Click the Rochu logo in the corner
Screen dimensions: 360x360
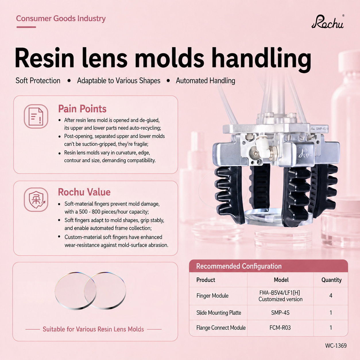tap(328, 22)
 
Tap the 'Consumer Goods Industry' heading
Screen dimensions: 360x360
tap(61, 19)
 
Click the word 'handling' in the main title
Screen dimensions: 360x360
tap(262, 58)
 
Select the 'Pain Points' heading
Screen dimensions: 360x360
tap(82, 109)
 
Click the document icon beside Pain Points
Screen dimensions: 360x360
tap(36, 116)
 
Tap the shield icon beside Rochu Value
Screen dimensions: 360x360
tap(36, 200)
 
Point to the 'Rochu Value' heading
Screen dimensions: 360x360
tap(84, 192)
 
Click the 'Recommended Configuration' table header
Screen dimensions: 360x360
tap(239, 266)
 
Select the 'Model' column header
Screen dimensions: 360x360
tap(281, 280)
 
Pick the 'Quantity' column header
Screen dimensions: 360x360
tap(331, 280)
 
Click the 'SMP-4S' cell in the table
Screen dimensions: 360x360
tap(280, 313)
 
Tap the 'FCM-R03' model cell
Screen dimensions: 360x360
tap(280, 328)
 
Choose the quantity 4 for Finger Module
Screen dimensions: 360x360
tap(331, 295)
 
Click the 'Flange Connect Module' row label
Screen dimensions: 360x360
tap(221, 328)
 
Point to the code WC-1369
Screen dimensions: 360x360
tap(336, 346)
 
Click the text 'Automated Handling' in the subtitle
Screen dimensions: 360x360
tap(205, 81)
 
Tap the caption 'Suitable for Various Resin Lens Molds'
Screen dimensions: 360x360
tap(93, 329)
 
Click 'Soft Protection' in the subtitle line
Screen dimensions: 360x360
tap(38, 81)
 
